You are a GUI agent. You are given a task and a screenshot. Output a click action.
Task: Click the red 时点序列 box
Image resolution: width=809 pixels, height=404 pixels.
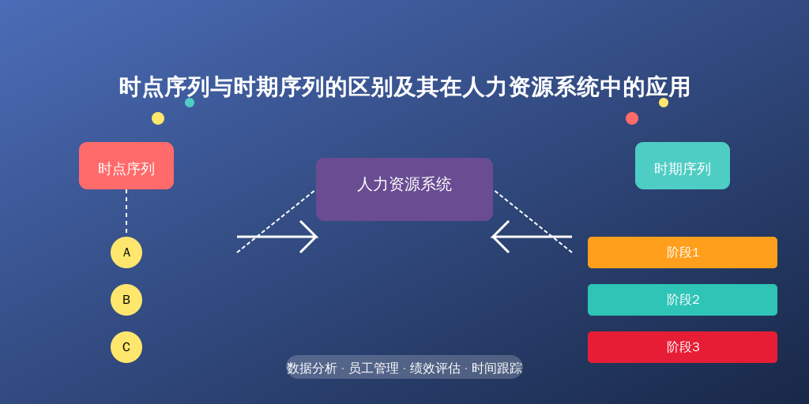click(x=126, y=166)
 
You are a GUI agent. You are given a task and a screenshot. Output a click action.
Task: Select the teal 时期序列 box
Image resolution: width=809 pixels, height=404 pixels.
click(x=682, y=166)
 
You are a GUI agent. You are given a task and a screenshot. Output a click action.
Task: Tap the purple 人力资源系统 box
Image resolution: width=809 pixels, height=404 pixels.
click(x=404, y=189)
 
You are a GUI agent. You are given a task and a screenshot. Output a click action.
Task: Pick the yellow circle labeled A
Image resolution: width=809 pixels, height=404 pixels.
click(x=126, y=252)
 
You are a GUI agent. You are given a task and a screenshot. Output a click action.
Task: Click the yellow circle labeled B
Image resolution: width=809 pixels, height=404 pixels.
click(x=126, y=300)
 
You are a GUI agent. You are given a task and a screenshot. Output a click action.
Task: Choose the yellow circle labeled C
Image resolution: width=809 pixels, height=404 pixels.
click(x=126, y=347)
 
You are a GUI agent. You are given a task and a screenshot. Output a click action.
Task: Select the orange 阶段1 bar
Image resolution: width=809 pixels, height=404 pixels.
click(x=682, y=252)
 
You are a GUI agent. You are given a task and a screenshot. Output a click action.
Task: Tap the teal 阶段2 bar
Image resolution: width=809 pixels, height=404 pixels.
click(x=682, y=300)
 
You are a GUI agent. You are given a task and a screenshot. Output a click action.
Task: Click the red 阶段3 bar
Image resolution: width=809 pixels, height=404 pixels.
click(x=682, y=347)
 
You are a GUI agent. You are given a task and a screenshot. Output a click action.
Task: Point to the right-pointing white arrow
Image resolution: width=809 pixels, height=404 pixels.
click(x=277, y=237)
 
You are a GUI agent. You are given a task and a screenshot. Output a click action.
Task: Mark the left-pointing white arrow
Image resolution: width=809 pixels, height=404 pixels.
click(x=532, y=237)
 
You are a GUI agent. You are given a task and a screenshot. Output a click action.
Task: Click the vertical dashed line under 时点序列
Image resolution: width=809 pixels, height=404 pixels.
click(x=126, y=211)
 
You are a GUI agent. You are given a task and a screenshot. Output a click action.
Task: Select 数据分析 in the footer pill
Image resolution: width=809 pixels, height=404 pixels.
click(x=311, y=368)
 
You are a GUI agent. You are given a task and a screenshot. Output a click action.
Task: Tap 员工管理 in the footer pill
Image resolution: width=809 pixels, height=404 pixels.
click(x=374, y=368)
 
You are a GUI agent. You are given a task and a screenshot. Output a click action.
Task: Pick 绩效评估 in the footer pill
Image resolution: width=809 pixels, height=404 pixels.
click(x=435, y=368)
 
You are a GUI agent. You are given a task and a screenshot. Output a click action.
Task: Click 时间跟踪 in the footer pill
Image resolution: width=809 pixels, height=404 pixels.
click(x=497, y=368)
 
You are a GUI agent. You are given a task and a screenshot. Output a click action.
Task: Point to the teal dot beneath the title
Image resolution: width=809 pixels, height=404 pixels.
click(x=190, y=103)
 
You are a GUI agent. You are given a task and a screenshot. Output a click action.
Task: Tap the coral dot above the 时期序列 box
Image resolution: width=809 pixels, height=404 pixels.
click(x=632, y=118)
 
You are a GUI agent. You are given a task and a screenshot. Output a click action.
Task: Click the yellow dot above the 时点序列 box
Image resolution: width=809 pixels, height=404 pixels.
click(x=158, y=118)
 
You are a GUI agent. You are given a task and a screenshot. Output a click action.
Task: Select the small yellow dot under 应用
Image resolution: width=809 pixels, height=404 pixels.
click(x=664, y=103)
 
